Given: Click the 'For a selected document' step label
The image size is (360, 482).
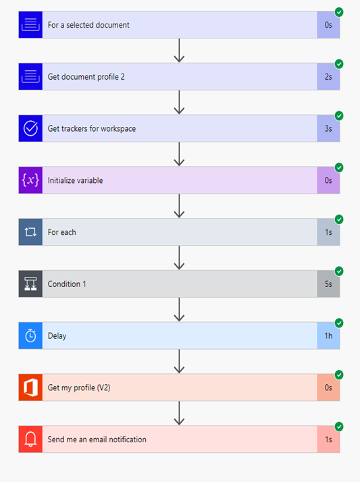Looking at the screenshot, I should (88, 25).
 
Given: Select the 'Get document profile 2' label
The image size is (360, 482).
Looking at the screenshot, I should (86, 77).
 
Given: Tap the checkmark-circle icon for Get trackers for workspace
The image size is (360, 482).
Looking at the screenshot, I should (30, 128).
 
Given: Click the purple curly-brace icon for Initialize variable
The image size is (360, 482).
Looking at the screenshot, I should (30, 180).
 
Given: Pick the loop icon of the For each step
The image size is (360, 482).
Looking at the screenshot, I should (30, 232).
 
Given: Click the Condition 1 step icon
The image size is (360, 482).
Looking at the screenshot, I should (30, 284).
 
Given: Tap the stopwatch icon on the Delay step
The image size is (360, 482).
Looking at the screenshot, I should (30, 336).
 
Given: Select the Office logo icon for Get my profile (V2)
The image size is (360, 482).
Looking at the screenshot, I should (30, 387).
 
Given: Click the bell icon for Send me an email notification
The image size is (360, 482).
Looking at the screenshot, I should (30, 439).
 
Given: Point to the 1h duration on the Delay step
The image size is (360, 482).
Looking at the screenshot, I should (328, 336).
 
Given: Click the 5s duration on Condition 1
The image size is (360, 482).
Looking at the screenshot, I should (328, 284).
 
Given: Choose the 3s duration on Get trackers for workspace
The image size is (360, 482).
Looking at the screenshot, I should (328, 128).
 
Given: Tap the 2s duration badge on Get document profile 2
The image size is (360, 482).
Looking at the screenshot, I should (328, 77).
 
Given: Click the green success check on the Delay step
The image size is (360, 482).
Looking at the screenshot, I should (339, 323).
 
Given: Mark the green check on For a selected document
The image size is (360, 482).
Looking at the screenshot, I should (339, 12).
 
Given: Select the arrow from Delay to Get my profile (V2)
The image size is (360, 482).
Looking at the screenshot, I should (179, 361).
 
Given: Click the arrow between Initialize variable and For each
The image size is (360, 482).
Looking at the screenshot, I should (179, 206).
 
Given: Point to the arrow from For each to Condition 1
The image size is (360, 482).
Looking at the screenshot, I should (179, 258).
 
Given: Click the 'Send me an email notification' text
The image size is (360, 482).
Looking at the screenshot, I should (97, 439).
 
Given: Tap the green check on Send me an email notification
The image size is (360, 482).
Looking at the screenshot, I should (339, 427).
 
